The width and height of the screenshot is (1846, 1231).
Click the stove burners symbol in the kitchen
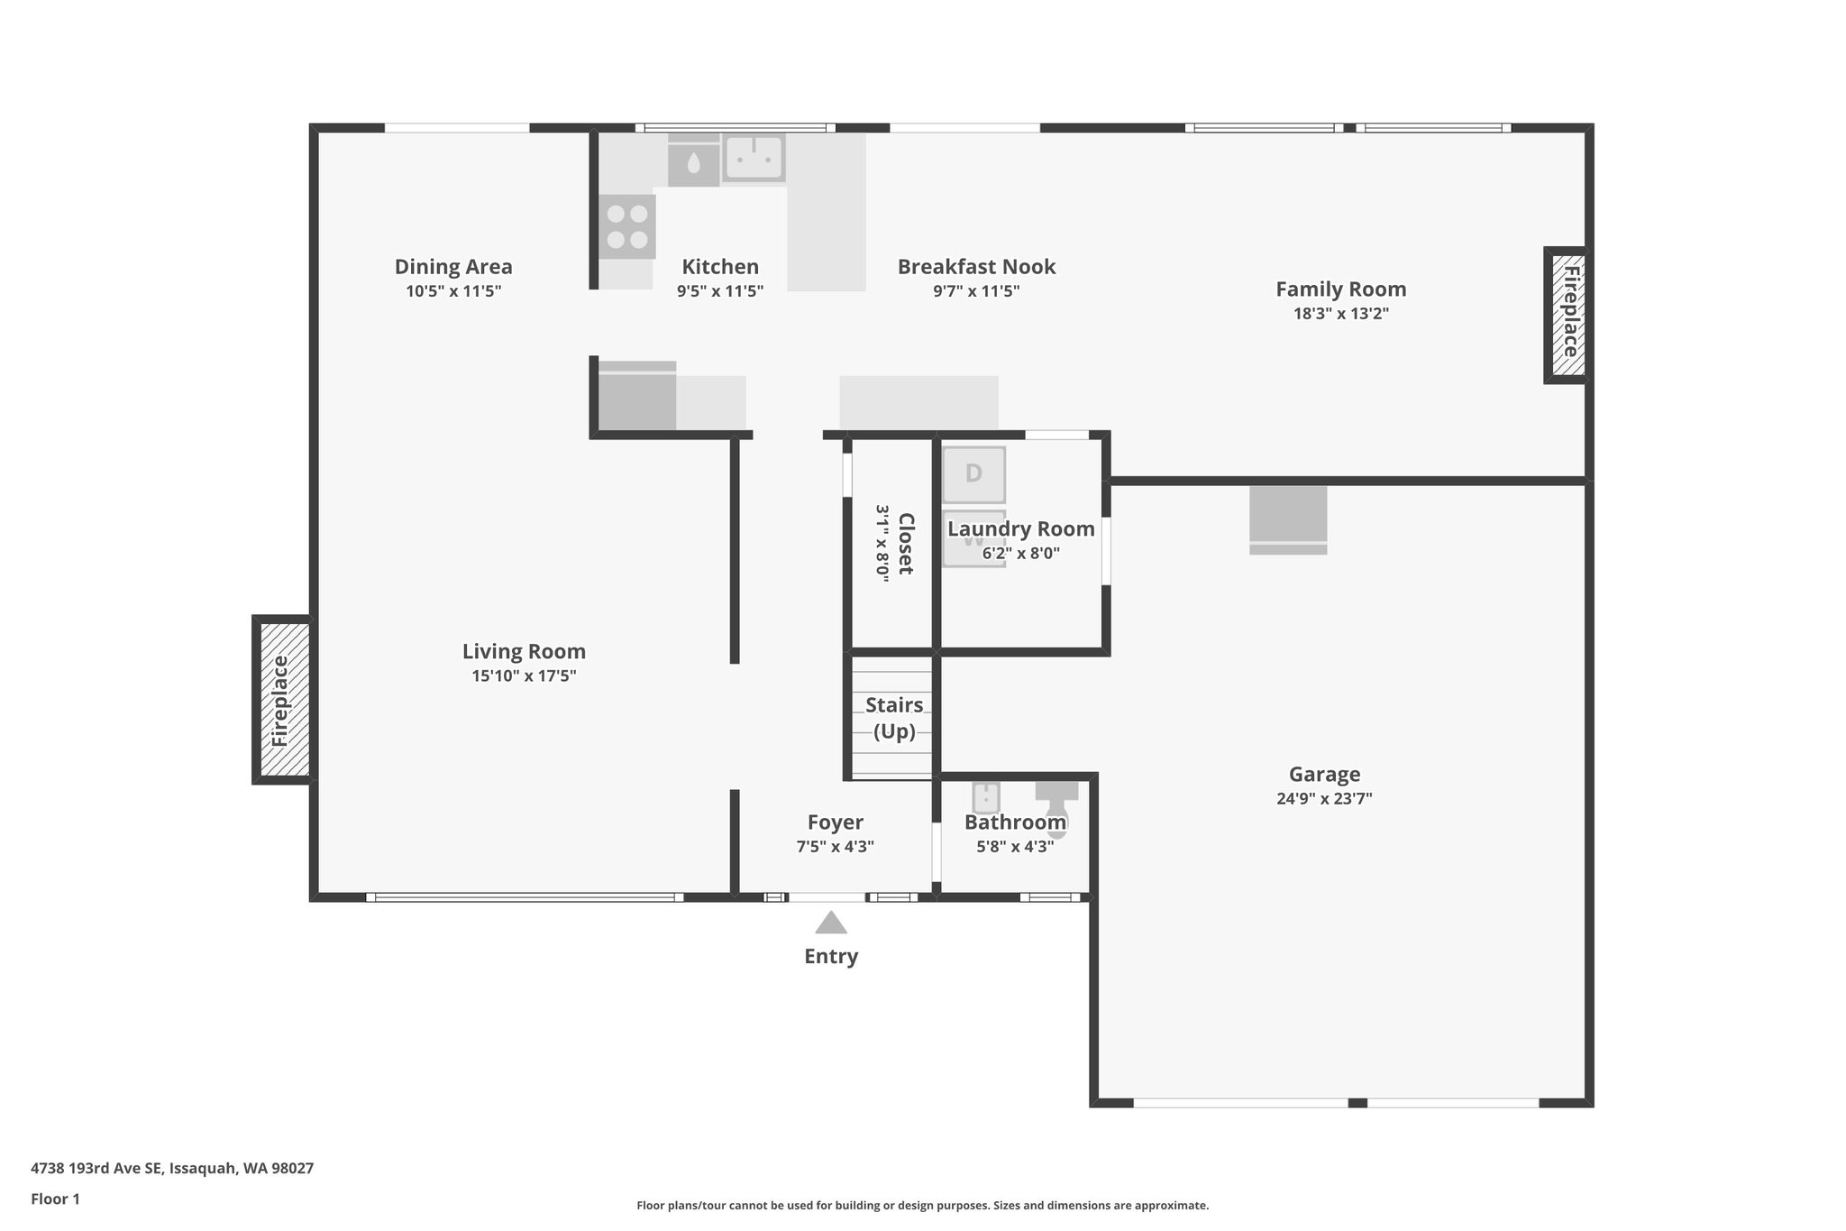pyautogui.click(x=627, y=226)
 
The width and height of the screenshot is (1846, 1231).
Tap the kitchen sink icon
pyautogui.click(x=754, y=158)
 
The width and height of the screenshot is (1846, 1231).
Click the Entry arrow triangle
pyautogui.click(x=830, y=923)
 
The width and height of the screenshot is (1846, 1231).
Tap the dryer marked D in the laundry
pyautogui.click(x=973, y=474)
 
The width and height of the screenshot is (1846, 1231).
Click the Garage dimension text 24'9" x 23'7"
pyautogui.click(x=1324, y=798)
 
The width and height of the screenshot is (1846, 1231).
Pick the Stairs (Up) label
pyautogui.click(x=894, y=718)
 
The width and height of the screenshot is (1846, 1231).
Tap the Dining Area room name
pyautogui.click(x=453, y=267)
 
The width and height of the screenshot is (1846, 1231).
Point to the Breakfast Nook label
pyautogui.click(x=976, y=267)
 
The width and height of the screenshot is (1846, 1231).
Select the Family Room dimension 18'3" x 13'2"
pyautogui.click(x=1340, y=314)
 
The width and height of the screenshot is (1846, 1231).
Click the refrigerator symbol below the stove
pyautogui.click(x=636, y=397)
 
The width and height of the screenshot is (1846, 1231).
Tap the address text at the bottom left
pyautogui.click(x=172, y=1168)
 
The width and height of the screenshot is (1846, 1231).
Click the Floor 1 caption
pyautogui.click(x=56, y=1199)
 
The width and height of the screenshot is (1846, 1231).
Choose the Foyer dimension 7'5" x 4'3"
pyautogui.click(x=835, y=847)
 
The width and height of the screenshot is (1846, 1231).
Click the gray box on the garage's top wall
pyautogui.click(x=1287, y=519)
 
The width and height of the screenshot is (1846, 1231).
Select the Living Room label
pyautogui.click(x=524, y=651)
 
